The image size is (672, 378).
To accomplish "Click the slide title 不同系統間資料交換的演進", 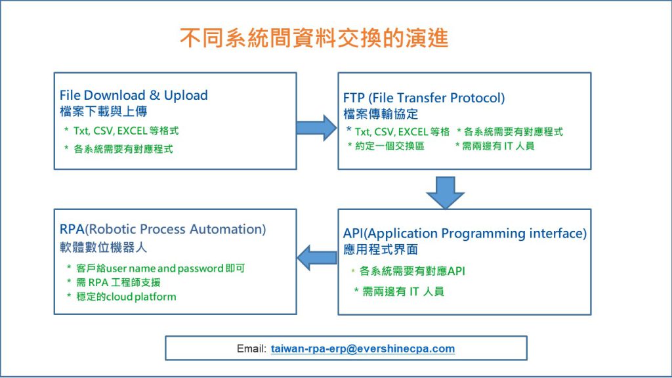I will tap(314, 39).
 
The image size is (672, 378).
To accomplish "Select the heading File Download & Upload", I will tap(134, 95).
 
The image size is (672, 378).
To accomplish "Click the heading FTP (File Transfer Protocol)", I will tap(424, 98).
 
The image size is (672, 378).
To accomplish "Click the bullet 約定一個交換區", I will tap(388, 146).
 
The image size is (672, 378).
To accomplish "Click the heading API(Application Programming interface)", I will tap(465, 234).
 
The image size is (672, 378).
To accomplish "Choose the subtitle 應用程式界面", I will tap(380, 249).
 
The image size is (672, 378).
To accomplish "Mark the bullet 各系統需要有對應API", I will tap(412, 270).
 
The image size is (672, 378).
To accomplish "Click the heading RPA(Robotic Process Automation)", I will tap(163, 229).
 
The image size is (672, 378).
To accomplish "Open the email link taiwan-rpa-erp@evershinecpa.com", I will tap(362, 348).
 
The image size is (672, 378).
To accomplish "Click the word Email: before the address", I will tap(251, 348).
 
